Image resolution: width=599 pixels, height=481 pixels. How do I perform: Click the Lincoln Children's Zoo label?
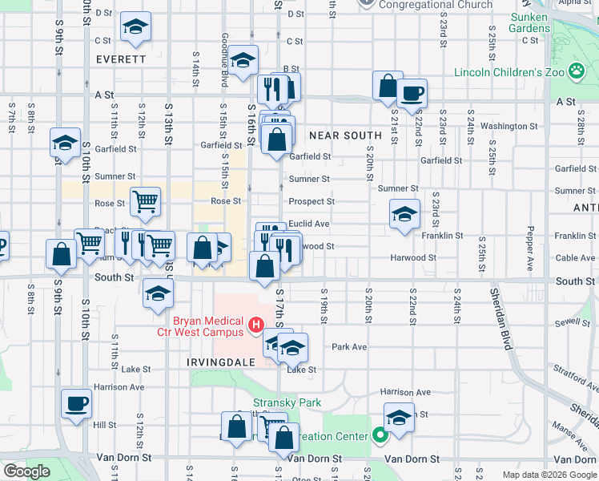tap(509, 72)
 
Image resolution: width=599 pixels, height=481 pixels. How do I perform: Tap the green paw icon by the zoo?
tap(577, 72)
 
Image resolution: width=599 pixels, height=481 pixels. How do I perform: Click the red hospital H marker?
tap(256, 324)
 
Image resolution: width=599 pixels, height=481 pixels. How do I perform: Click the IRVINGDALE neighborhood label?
tap(215, 362)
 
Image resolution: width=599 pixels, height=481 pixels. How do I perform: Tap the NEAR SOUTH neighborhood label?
tap(345, 135)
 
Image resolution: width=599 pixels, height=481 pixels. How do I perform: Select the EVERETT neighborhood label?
tap(120, 59)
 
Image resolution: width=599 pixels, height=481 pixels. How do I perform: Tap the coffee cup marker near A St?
tap(412, 92)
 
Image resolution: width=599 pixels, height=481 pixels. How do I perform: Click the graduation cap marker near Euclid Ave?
tap(404, 214)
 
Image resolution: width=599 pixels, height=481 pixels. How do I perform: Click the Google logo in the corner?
tap(26, 471)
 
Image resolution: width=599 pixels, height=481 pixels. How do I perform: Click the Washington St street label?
tap(504, 126)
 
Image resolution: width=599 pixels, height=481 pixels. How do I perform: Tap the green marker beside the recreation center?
tap(380, 436)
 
